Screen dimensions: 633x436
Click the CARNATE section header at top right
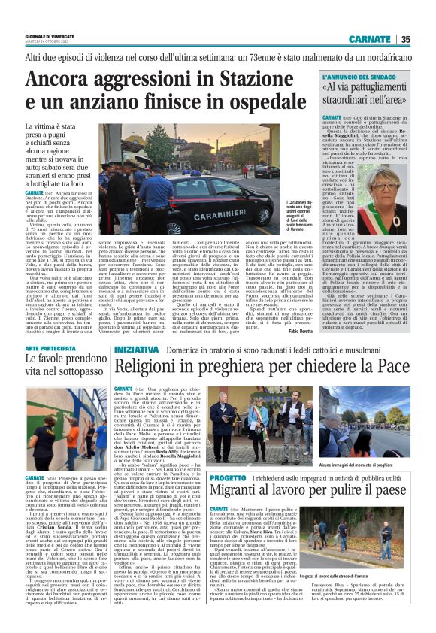coord(370,40)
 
